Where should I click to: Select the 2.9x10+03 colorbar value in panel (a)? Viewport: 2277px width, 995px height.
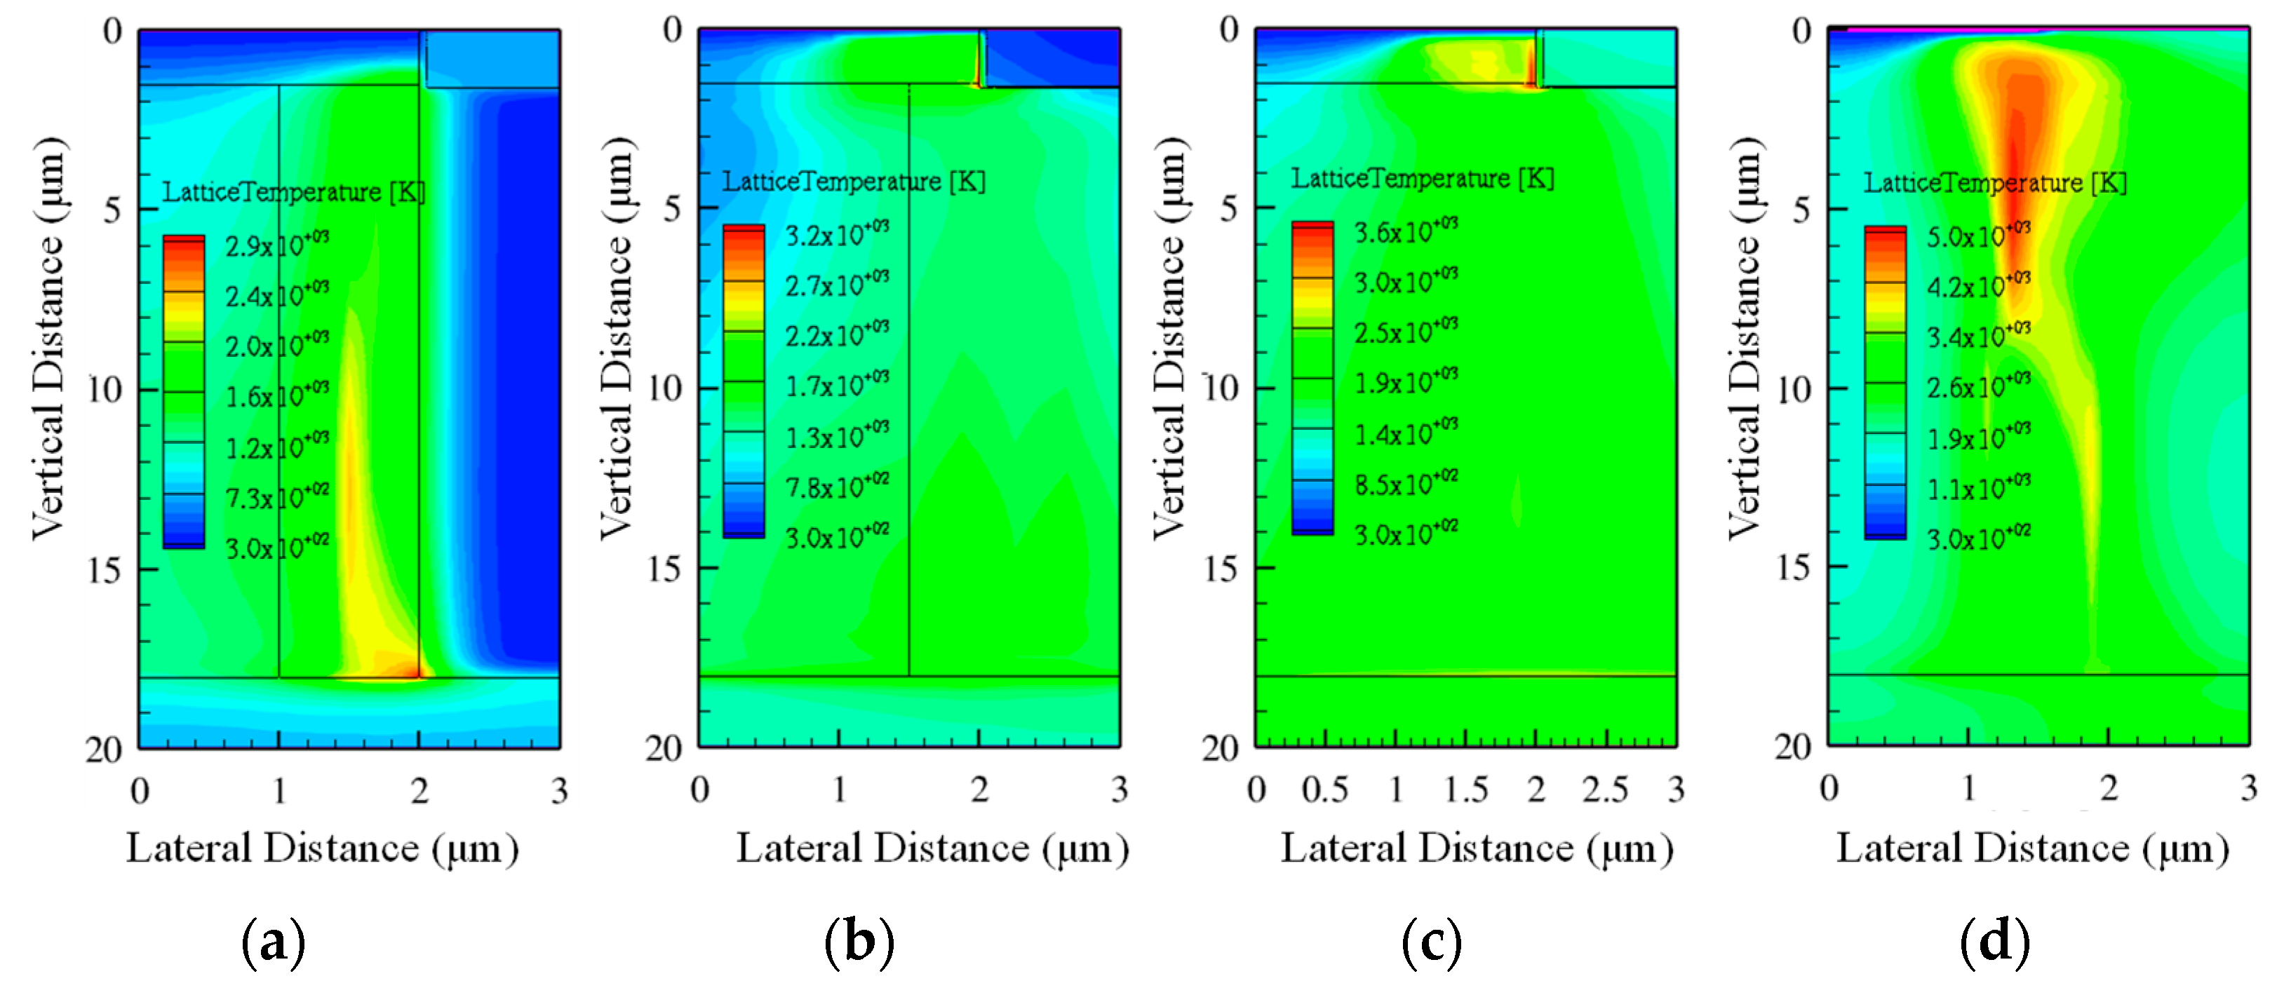pyautogui.click(x=276, y=244)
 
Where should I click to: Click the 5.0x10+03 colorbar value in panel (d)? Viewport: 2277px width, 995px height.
pyautogui.click(x=1978, y=235)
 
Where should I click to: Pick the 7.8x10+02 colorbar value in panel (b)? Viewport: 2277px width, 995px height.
pyautogui.click(x=837, y=486)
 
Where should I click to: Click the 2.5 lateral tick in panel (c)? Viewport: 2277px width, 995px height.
pyautogui.click(x=1605, y=789)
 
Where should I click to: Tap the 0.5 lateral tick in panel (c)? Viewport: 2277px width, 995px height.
pyautogui.click(x=1324, y=789)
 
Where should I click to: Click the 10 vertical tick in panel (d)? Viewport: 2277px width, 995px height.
pyautogui.click(x=1794, y=388)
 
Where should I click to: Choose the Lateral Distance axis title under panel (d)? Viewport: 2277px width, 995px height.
pyautogui.click(x=2032, y=848)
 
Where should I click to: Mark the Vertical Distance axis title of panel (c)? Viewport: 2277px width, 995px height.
pyautogui.click(x=1169, y=339)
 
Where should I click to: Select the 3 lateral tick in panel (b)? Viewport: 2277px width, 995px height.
pyautogui.click(x=1119, y=789)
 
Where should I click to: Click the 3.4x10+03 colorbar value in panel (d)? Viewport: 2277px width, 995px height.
pyautogui.click(x=1978, y=337)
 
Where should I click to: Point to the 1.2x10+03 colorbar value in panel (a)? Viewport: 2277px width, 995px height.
pyautogui.click(x=276, y=447)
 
